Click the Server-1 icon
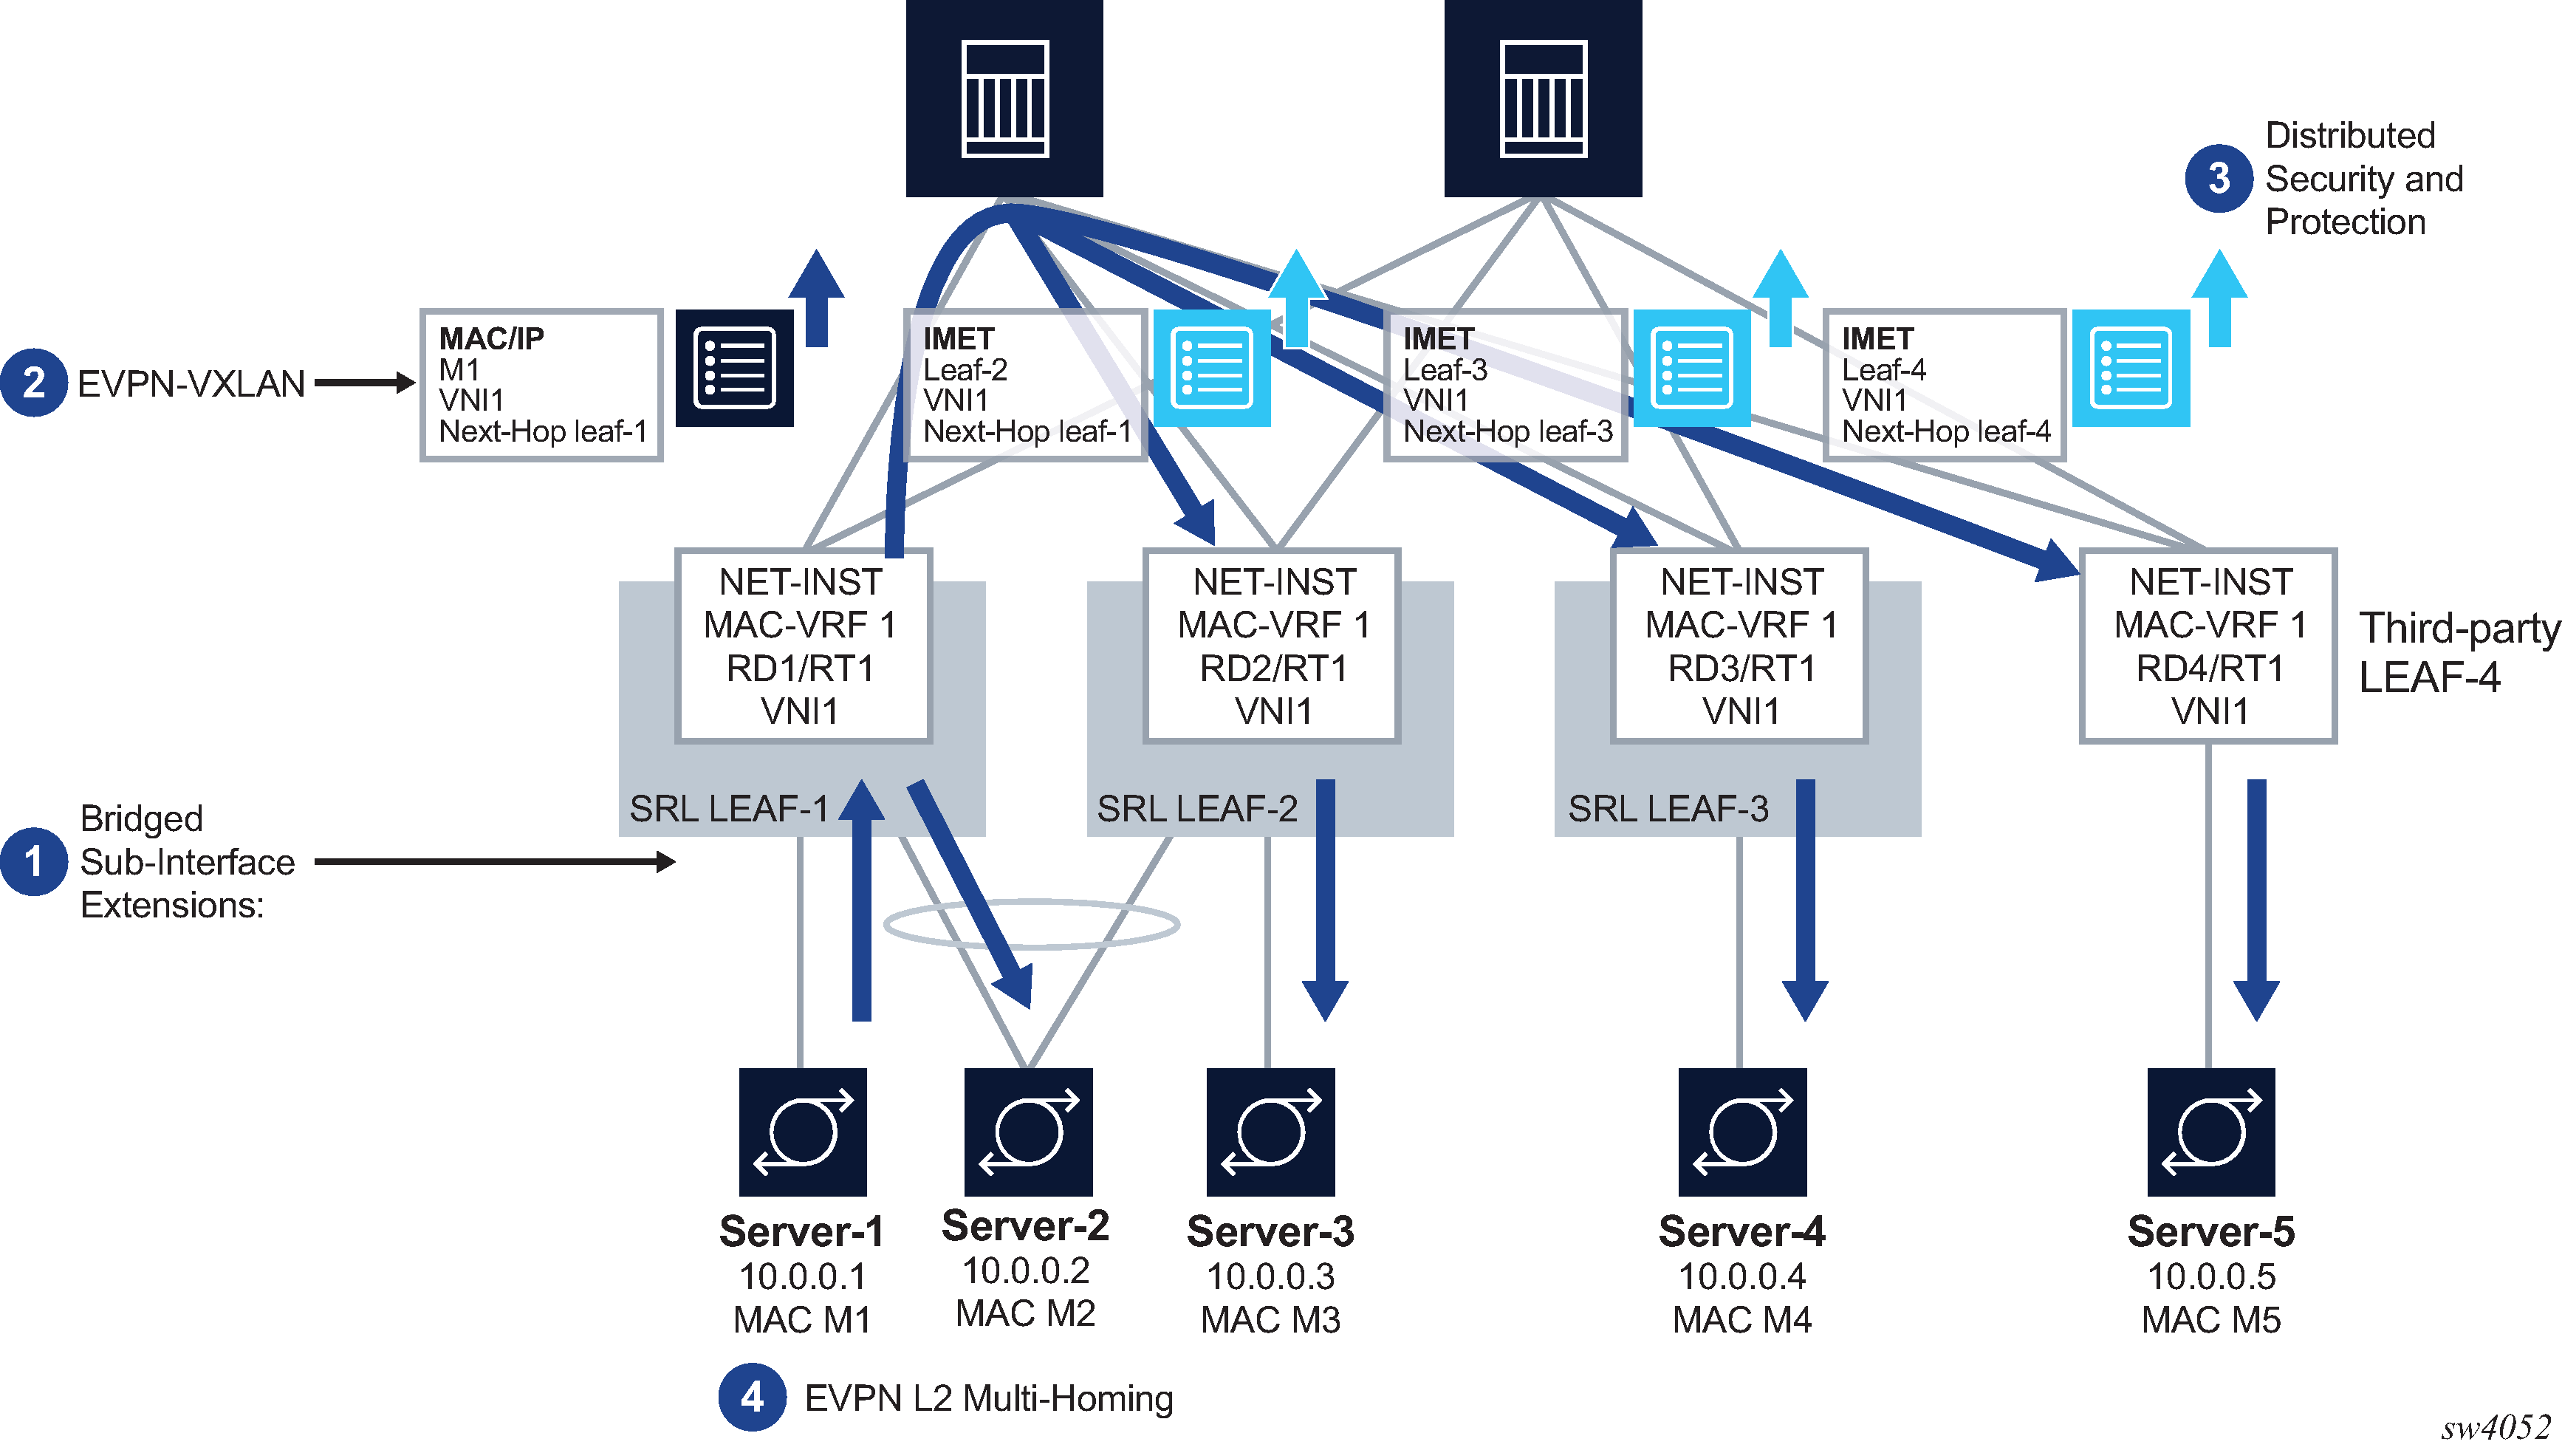tap(803, 1132)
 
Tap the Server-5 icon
tap(2210, 1132)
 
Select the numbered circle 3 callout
tap(2218, 178)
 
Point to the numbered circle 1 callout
tap(34, 861)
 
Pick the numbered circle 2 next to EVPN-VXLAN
tap(34, 383)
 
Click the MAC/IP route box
tap(541, 386)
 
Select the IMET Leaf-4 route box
tap(1944, 386)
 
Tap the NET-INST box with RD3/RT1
tap(1739, 646)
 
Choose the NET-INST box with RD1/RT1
tap(803, 646)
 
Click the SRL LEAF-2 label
tap(1197, 809)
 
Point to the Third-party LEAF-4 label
tap(2457, 653)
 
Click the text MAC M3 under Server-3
tap(1270, 1319)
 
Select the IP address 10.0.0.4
tap(1741, 1276)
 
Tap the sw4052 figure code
tap(2494, 1428)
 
